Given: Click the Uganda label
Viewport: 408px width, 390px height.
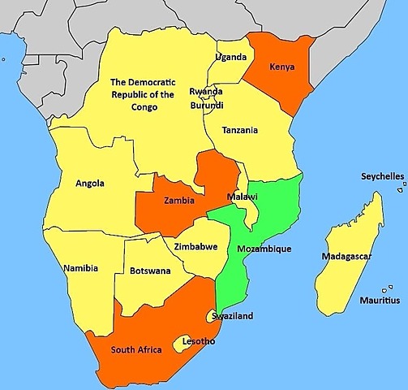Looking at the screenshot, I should (x=231, y=57).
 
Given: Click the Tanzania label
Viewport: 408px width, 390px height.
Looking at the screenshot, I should (x=241, y=130).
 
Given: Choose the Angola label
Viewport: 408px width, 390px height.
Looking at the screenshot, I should (x=89, y=184).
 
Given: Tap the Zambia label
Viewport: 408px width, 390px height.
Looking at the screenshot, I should (x=178, y=200).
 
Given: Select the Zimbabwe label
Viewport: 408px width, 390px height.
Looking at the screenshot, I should (x=195, y=247).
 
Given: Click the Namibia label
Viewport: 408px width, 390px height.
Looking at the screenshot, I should (x=80, y=268).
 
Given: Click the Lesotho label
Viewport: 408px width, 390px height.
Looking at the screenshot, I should (x=200, y=341).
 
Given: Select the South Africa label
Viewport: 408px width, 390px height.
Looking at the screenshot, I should (x=136, y=350).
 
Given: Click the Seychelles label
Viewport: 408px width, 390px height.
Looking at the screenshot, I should (x=382, y=176).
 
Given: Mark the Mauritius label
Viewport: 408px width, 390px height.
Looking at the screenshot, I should (x=380, y=301).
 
